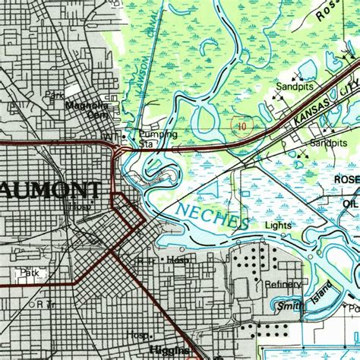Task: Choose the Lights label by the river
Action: click(x=278, y=226)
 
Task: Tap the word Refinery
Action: click(x=283, y=284)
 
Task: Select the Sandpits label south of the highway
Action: click(x=328, y=143)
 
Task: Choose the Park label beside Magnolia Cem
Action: click(x=54, y=96)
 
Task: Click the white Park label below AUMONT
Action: click(x=29, y=272)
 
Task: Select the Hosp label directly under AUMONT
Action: click(x=78, y=206)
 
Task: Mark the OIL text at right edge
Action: click(x=350, y=204)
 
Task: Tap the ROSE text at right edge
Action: click(x=346, y=178)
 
